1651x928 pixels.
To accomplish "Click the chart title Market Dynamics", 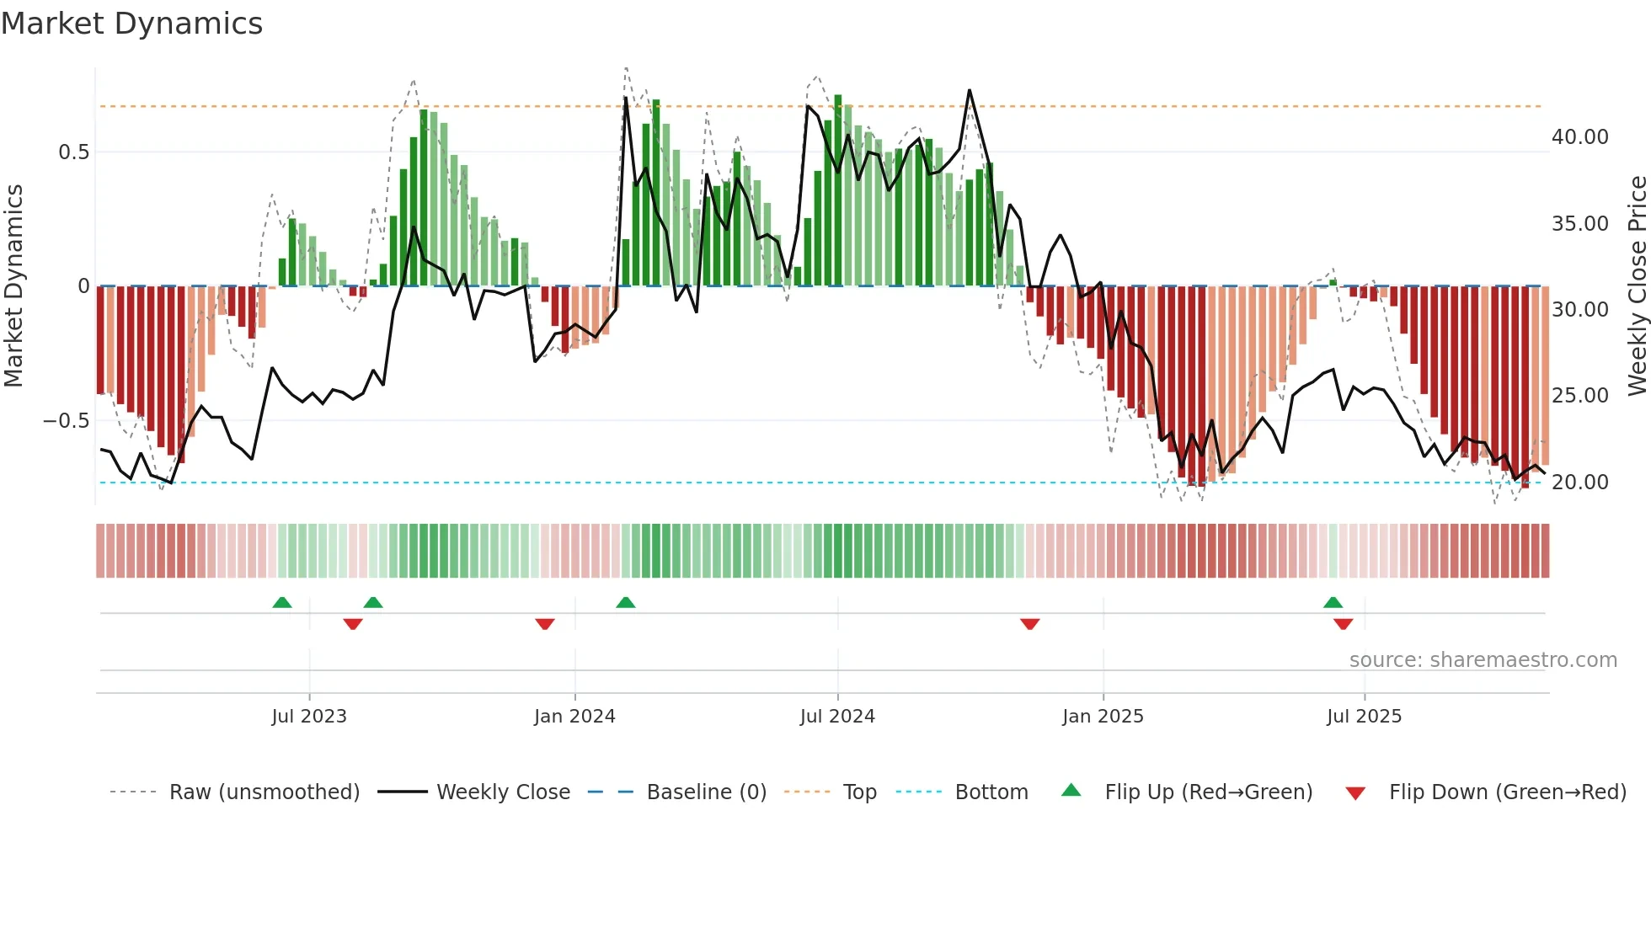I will (x=132, y=24).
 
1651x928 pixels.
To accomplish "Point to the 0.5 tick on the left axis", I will (x=73, y=152).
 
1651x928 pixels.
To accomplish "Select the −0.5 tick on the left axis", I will (x=66, y=420).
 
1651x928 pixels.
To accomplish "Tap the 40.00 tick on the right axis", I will (x=1579, y=137).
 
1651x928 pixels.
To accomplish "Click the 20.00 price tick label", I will (x=1579, y=483).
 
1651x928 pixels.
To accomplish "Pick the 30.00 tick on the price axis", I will (x=1579, y=310).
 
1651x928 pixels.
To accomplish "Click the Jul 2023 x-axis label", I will (x=309, y=717).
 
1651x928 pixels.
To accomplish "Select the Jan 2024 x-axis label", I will (x=574, y=717).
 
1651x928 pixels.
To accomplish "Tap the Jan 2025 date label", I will (x=1103, y=717).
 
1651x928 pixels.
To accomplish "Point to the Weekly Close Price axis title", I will (x=1637, y=286).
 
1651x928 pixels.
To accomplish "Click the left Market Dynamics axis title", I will (x=13, y=286).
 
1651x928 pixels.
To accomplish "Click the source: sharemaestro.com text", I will (x=1483, y=660).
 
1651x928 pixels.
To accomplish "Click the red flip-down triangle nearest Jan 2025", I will (x=1029, y=624).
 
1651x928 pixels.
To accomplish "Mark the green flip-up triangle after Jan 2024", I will (x=625, y=602).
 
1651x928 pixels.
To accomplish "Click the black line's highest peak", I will (x=970, y=90).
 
